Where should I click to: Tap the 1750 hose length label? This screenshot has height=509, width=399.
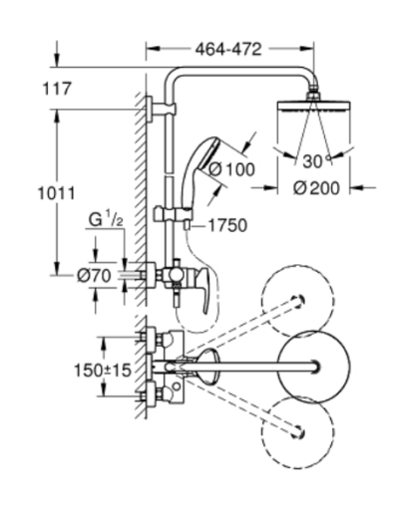click(x=226, y=226)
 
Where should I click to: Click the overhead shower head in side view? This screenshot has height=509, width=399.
click(x=318, y=107)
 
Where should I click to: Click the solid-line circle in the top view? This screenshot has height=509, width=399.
click(x=316, y=366)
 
